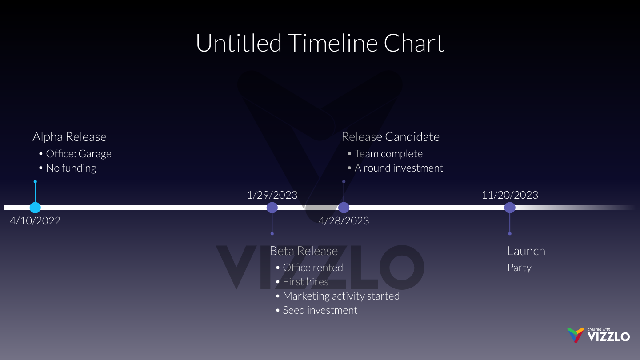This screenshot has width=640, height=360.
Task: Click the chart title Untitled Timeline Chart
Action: coord(320,43)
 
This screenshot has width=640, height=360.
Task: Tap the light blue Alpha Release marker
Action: coord(35,208)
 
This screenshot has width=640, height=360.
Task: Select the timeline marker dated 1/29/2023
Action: coord(272,208)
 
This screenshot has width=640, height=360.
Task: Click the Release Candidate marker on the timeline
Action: coord(344,208)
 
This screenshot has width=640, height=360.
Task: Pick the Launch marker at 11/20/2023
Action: coord(510,208)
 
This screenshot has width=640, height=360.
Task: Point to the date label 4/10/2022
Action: coord(35,221)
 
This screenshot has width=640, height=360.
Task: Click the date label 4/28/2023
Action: coord(344,221)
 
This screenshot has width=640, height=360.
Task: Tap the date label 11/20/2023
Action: coord(510,195)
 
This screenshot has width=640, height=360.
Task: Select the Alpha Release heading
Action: coord(69,137)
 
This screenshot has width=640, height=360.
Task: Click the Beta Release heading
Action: coord(304,251)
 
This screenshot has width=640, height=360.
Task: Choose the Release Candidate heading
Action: coord(390,137)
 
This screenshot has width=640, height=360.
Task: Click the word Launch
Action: coord(526,251)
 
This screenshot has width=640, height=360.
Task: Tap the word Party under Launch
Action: coord(520,268)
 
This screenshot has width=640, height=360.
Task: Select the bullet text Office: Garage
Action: coord(79,154)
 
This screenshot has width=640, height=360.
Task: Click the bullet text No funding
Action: coord(71,168)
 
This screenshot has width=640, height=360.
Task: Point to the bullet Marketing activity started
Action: coord(341,296)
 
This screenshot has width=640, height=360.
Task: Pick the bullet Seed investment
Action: coord(320,310)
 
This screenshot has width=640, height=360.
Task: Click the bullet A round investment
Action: coord(399,168)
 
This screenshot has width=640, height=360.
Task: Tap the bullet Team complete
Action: coord(388,154)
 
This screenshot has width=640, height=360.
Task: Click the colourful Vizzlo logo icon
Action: coord(576,335)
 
